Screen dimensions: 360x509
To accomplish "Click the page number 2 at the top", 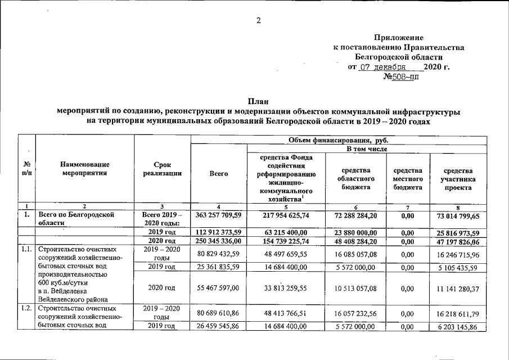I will [x=258, y=21].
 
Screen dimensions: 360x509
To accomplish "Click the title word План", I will [x=257, y=102].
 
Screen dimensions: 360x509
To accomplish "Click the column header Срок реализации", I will [x=163, y=168].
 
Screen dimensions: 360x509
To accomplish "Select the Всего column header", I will [x=218, y=174].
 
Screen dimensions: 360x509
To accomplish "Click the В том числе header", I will [x=338, y=148].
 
